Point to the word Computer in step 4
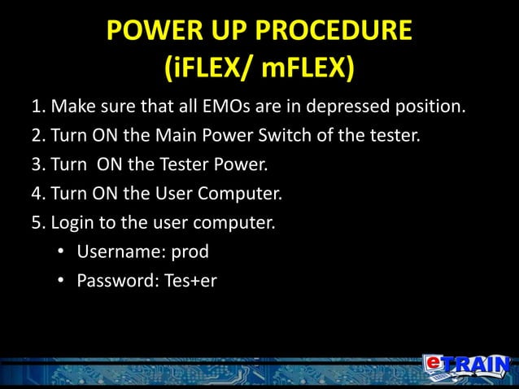coord(243,193)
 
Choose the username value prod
coord(190,251)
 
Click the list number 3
coord(36,164)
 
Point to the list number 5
coord(36,221)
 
